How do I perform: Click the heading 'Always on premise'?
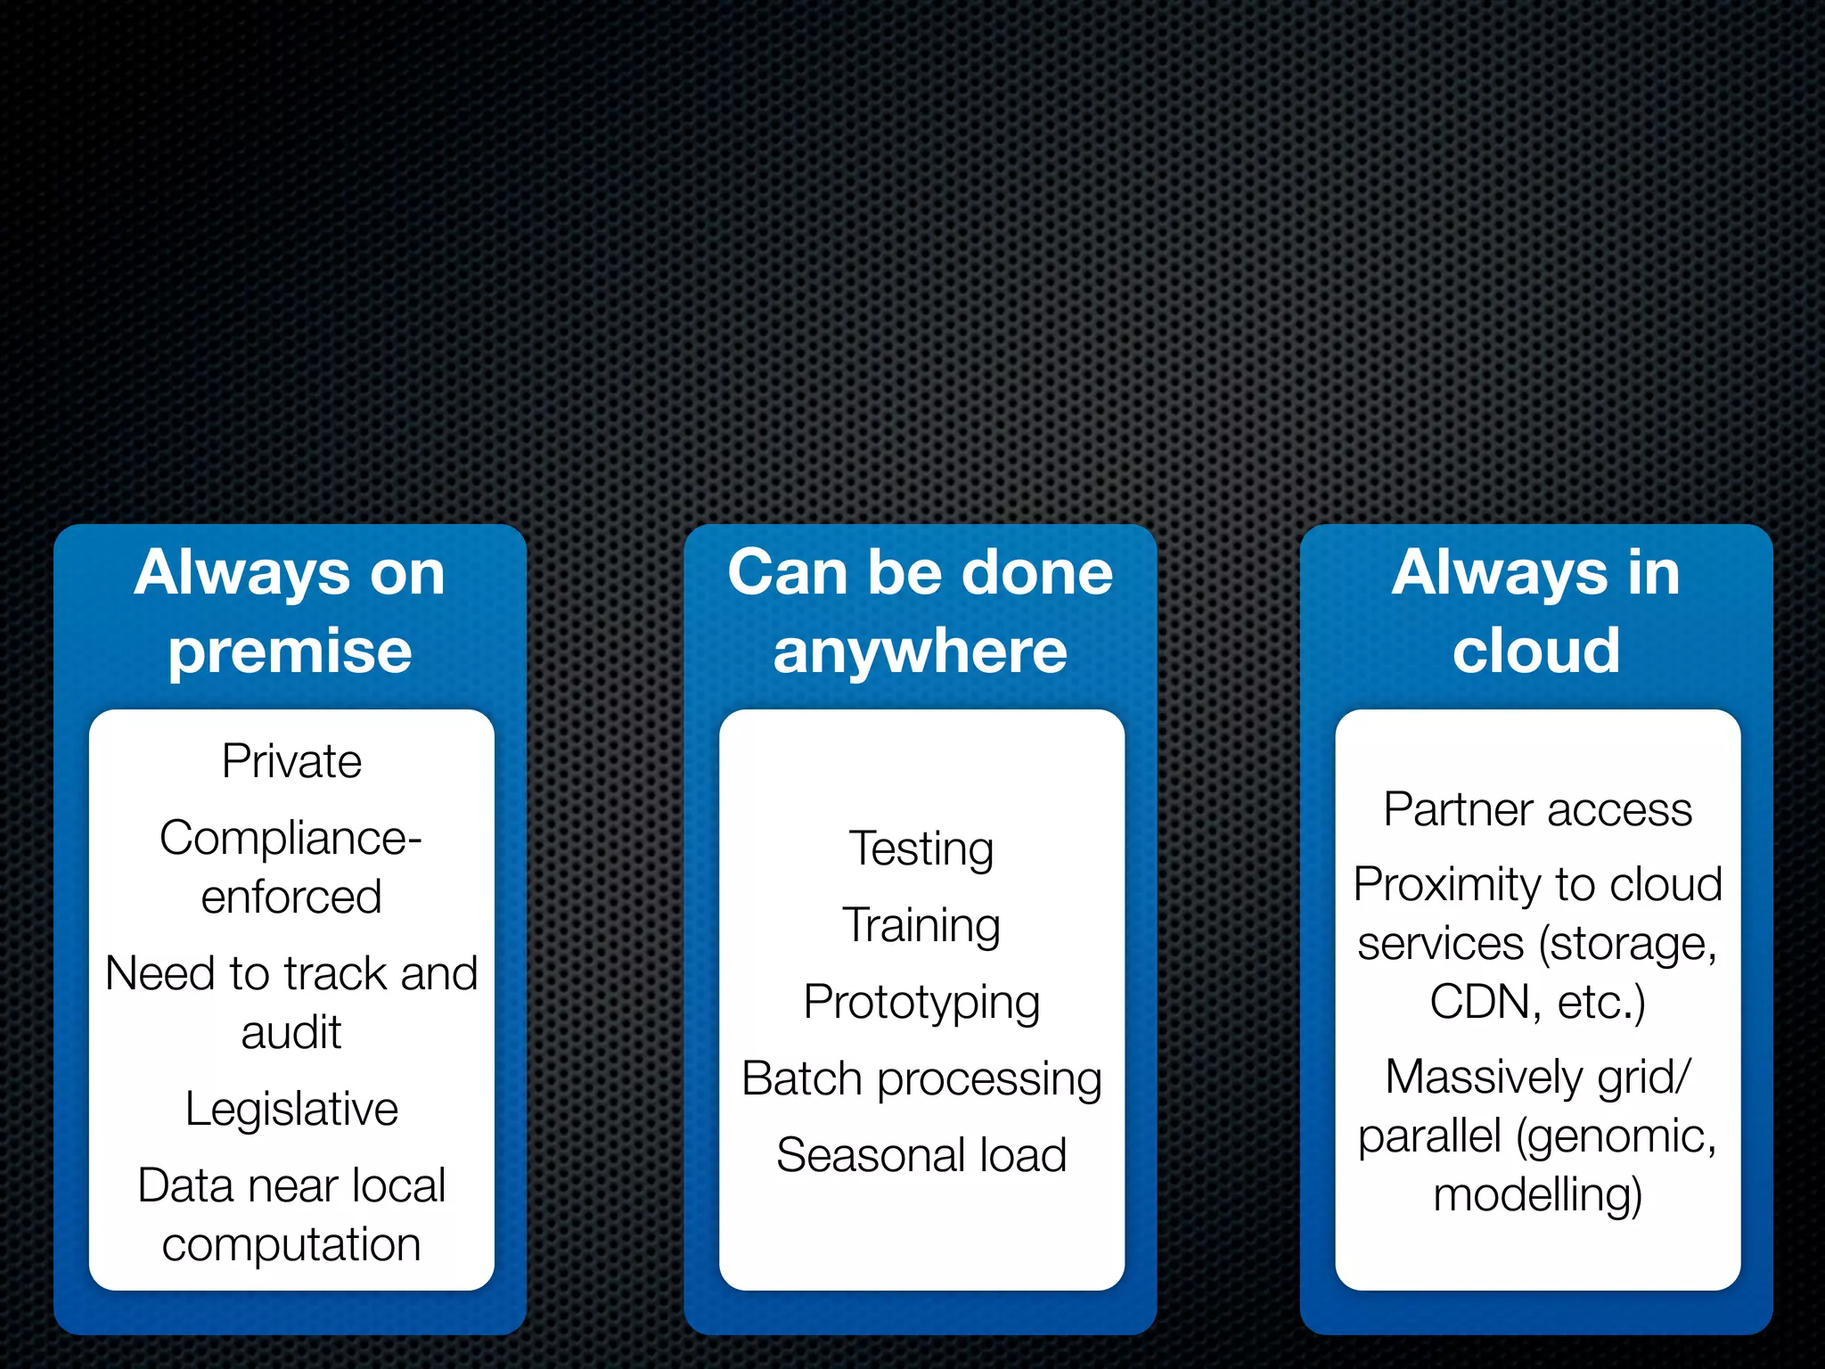290,611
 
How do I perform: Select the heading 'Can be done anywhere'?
920,611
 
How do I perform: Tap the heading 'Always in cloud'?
1535,611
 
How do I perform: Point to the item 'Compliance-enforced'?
291,867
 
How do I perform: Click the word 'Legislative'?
291,1110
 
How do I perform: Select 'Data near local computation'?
291,1215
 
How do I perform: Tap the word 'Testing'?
921,849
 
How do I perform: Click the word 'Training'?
921,926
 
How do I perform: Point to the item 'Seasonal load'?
921,1156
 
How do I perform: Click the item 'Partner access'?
1537,810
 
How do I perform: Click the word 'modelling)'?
1537,1195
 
